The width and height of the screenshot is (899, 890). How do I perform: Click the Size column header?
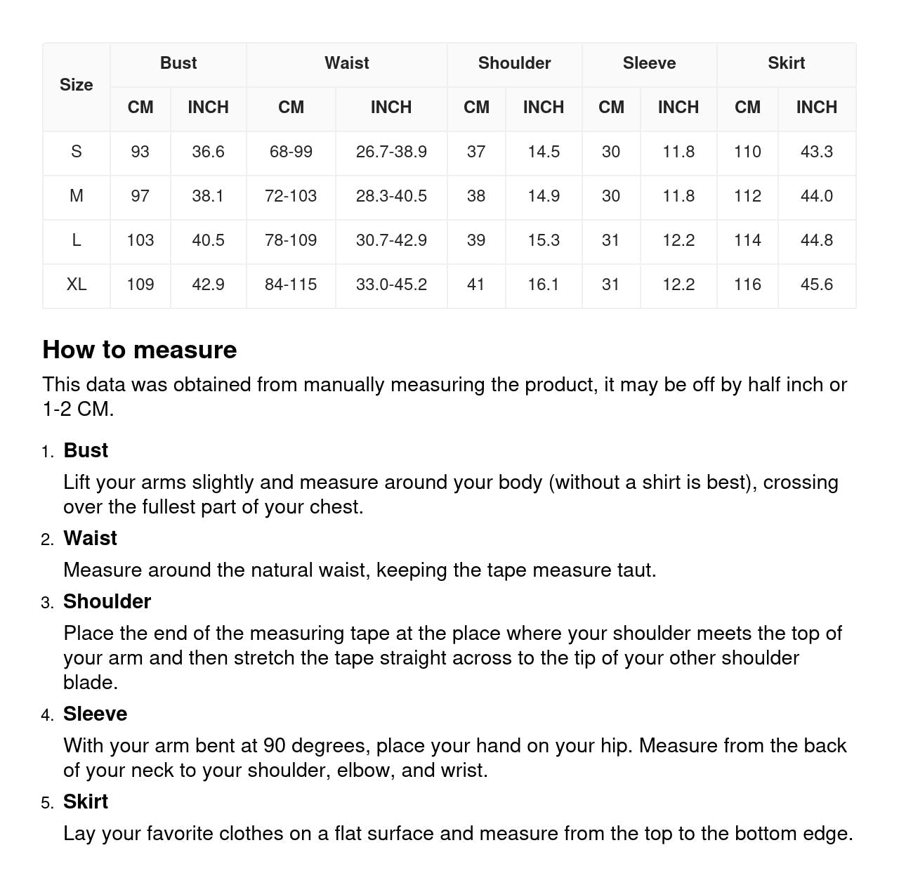pyautogui.click(x=76, y=85)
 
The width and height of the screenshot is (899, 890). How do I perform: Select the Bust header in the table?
pyautogui.click(x=178, y=63)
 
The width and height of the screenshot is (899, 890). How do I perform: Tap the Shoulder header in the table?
pyautogui.click(x=514, y=63)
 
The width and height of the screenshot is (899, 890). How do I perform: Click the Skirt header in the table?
pyautogui.click(x=786, y=63)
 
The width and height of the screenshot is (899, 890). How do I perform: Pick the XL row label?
pyautogui.click(x=76, y=284)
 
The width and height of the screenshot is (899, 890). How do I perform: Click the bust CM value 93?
pyautogui.click(x=140, y=152)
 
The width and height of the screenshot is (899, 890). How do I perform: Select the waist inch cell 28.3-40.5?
pyautogui.click(x=391, y=196)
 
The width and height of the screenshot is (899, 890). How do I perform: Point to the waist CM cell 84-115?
pyautogui.click(x=291, y=284)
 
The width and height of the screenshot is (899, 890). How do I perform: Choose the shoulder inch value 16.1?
pyautogui.click(x=544, y=284)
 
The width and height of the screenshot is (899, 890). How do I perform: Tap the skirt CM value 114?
pyautogui.click(x=747, y=240)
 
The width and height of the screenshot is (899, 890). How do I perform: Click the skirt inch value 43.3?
pyautogui.click(x=816, y=152)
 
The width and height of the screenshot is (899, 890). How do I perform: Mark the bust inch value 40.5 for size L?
pyautogui.click(x=208, y=240)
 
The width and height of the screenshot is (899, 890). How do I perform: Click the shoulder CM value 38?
pyautogui.click(x=476, y=196)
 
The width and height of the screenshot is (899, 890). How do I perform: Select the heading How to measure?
pyautogui.click(x=140, y=350)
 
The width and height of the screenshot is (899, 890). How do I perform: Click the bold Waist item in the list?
pyautogui.click(x=90, y=538)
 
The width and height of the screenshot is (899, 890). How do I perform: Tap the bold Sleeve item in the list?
pyautogui.click(x=95, y=714)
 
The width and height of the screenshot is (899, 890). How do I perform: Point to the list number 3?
pyautogui.click(x=47, y=603)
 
